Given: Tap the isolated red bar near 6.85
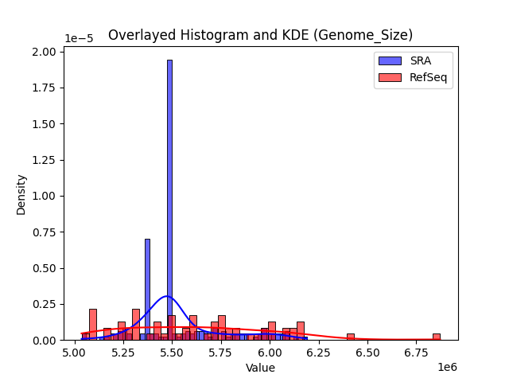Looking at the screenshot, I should (436, 337).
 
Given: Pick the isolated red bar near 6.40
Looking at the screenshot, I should (350, 337).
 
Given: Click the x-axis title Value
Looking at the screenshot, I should (260, 368).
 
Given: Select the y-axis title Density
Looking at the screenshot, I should (21, 194).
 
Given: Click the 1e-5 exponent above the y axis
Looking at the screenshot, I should (77, 38).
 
